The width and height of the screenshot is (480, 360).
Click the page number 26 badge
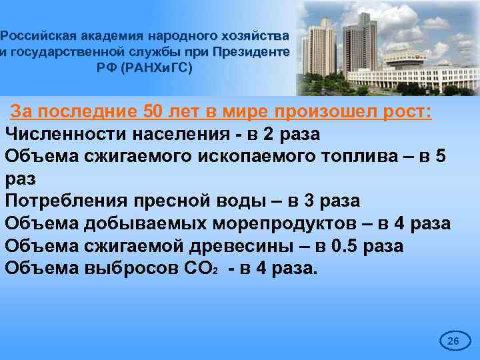pos(453,341)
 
